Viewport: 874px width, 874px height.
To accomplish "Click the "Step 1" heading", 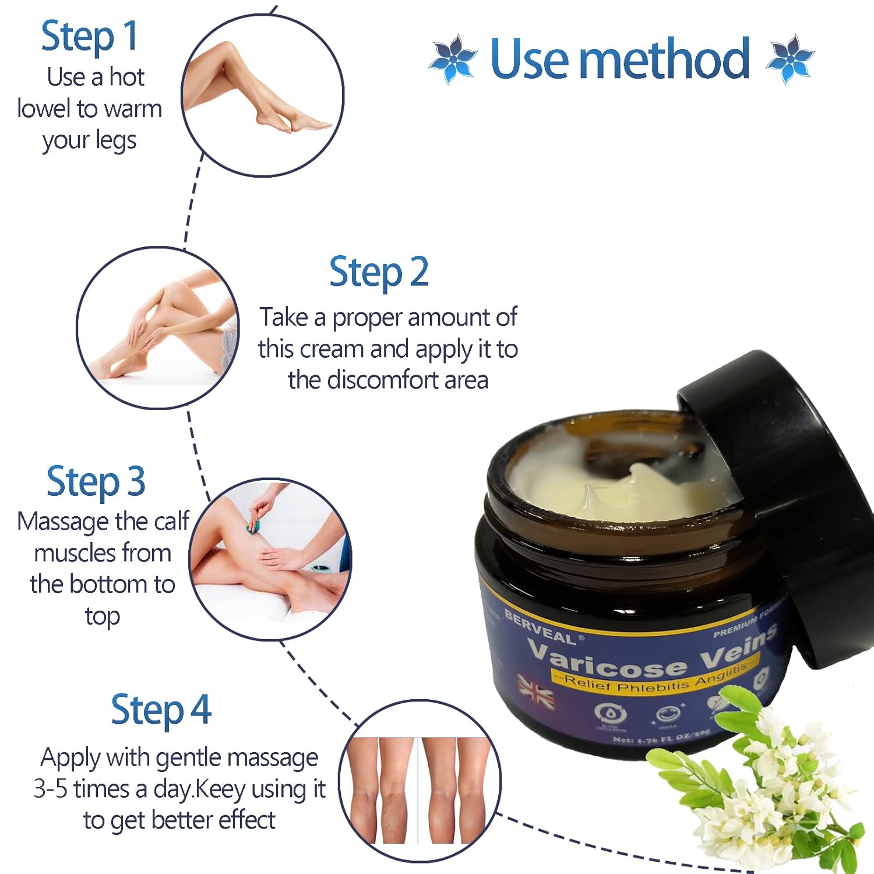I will pos(89,37).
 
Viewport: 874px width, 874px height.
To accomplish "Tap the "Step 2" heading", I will pos(379,272).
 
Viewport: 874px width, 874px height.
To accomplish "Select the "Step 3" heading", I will pos(96,482).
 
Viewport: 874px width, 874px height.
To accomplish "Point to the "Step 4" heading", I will pos(161,710).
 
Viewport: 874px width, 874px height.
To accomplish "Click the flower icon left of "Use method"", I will pos(453,59).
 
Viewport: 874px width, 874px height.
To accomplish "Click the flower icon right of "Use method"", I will pos(790,59).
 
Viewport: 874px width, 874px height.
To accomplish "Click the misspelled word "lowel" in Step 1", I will pos(44,109).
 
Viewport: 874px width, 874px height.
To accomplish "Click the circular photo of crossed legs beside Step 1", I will pos(262,95).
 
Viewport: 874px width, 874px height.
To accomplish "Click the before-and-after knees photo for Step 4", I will pos(420,790).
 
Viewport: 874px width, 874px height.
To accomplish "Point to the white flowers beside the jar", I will pos(757,775).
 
